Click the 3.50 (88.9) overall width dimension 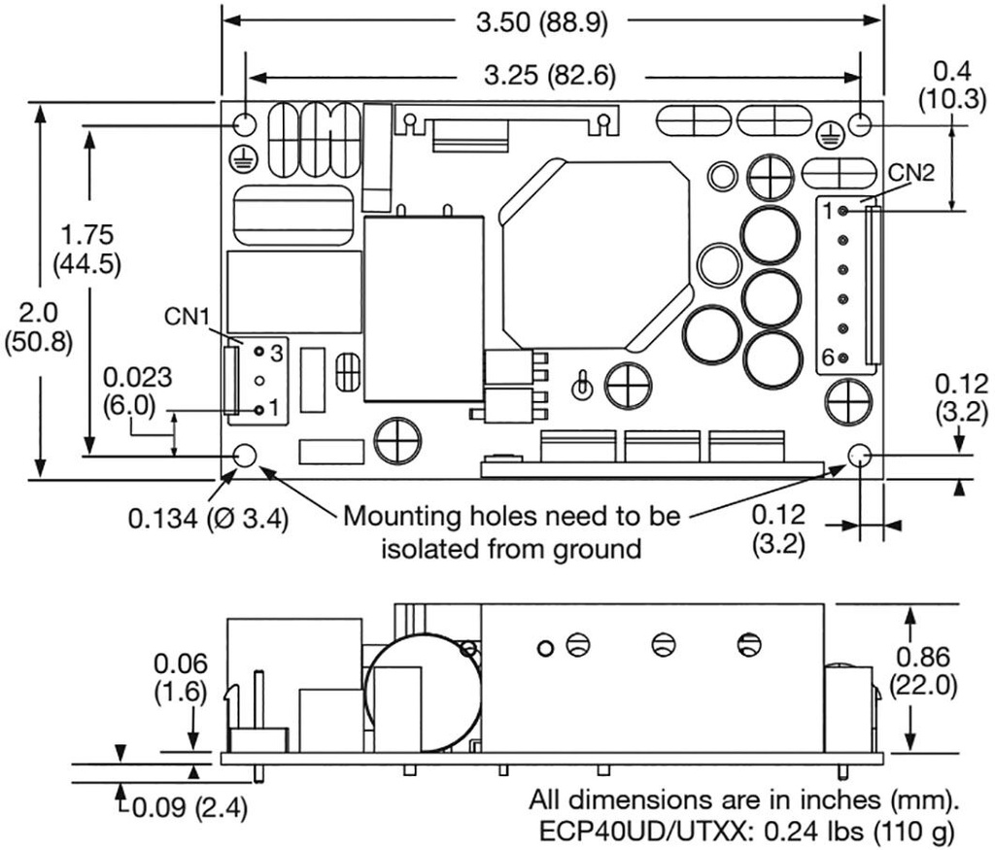coord(542,22)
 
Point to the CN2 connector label coord(911,174)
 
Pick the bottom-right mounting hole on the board coord(859,457)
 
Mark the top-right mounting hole coord(859,123)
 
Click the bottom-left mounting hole coord(245,457)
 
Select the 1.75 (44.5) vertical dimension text coord(86,250)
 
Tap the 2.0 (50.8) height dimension coord(38,328)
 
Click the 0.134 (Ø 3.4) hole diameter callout coord(209,520)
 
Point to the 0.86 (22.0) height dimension coord(923,670)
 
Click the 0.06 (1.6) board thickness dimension coord(180,679)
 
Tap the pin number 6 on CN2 coord(828,358)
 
